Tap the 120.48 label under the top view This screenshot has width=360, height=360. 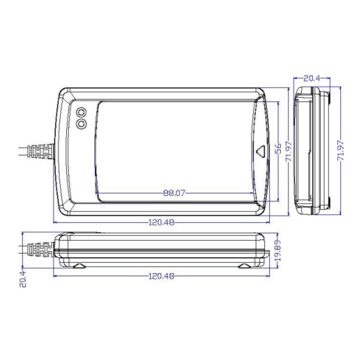pyautogui.click(x=161, y=223)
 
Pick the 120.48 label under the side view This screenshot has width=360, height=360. pyautogui.click(x=161, y=276)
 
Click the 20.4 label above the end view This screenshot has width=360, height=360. pyautogui.click(x=312, y=78)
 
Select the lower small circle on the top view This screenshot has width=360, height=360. pyautogui.click(x=81, y=124)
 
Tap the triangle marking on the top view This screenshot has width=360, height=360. pyautogui.click(x=261, y=152)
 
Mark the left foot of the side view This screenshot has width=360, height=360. pyautogui.click(x=79, y=265)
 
